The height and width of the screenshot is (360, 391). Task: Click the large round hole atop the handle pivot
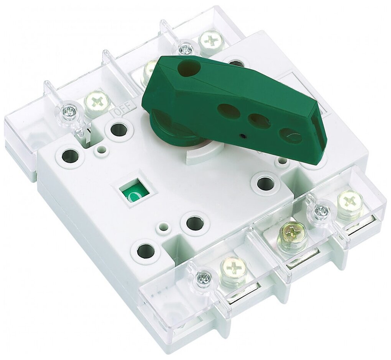pos(189,68)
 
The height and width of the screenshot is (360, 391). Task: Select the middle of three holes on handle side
pos(259,121)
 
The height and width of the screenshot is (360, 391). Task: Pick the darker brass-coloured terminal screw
pos(292,232)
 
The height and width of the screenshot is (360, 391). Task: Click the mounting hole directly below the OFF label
pos(119,129)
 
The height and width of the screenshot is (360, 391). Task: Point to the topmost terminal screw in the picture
pos(212,40)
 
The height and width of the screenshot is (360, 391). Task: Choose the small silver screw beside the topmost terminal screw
pos(186,49)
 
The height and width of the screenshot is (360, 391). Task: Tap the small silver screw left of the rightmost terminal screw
pos(321,210)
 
